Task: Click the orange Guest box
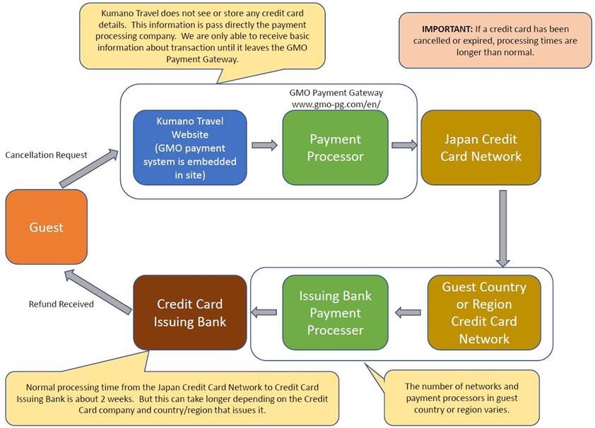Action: (46, 227)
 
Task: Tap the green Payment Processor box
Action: (335, 148)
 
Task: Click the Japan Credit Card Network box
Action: (481, 148)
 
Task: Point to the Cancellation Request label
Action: (46, 155)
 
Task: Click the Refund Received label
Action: (61, 304)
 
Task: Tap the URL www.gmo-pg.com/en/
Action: (336, 104)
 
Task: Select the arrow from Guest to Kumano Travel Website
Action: (88, 168)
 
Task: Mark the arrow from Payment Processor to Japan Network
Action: (404, 145)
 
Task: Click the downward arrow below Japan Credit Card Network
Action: (502, 228)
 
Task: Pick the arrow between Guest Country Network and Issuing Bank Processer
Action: (408, 311)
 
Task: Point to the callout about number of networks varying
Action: (461, 397)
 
